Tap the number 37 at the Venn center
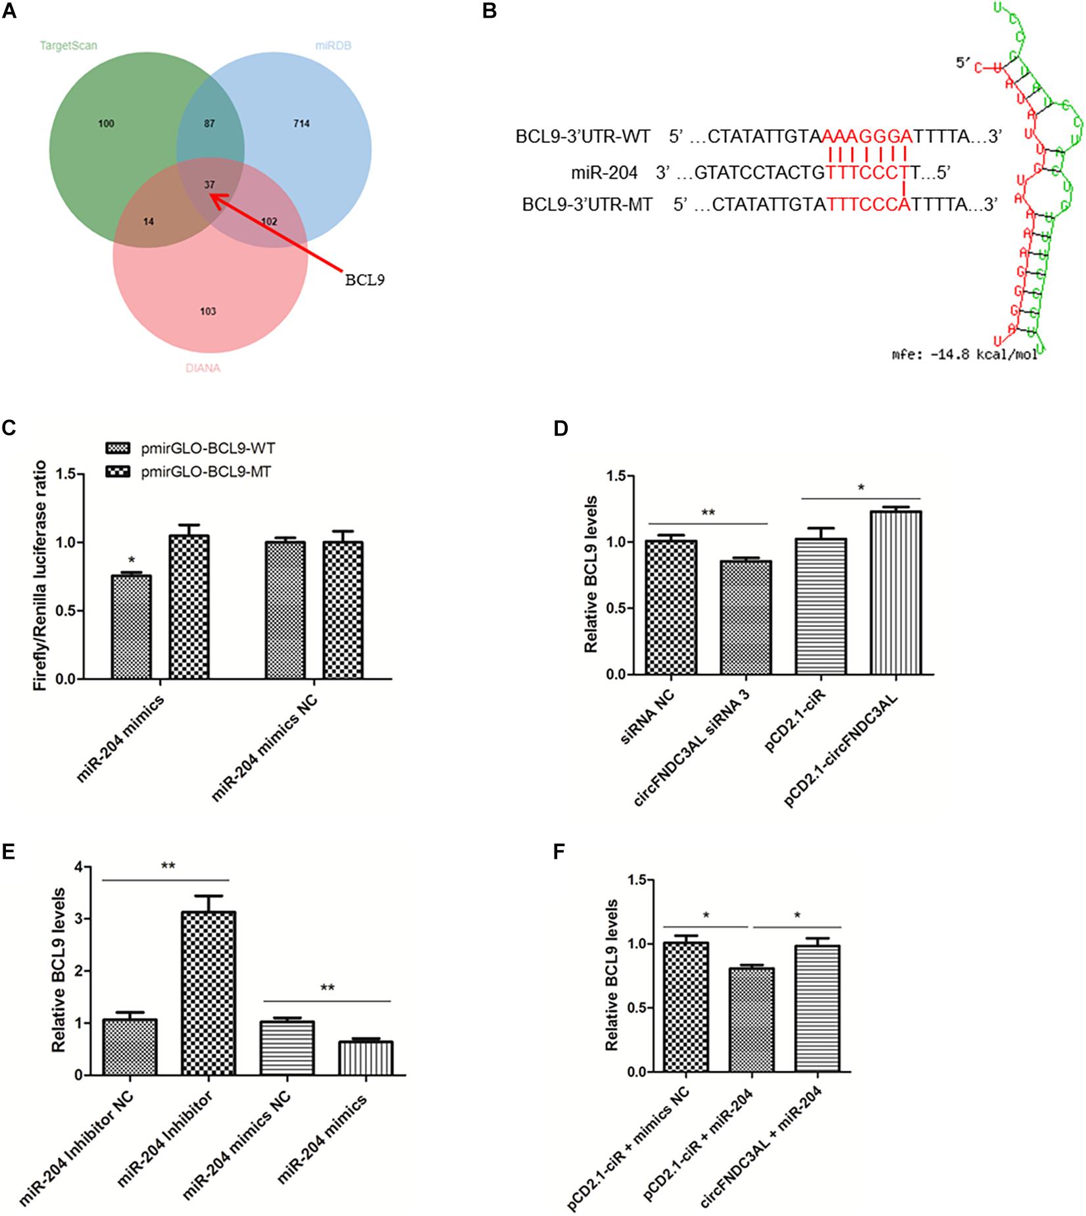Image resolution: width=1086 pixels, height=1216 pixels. pyautogui.click(x=209, y=185)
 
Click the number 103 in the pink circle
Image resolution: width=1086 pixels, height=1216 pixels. pyautogui.click(x=208, y=311)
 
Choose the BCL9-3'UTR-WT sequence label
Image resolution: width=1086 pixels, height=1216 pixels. pyautogui.click(x=583, y=137)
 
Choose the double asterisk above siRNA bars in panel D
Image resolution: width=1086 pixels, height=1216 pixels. pyautogui.click(x=707, y=512)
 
